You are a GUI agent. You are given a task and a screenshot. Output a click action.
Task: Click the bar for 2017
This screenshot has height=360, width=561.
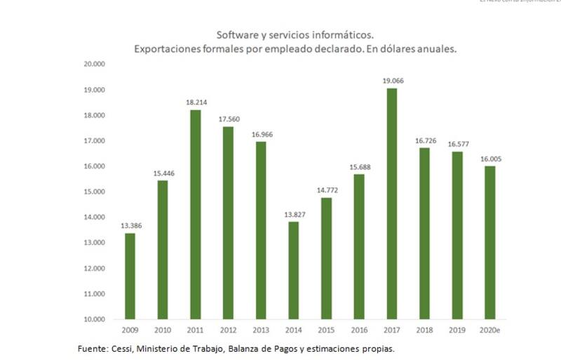pyautogui.click(x=391, y=204)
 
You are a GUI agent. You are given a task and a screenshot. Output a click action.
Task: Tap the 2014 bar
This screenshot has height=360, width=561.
pyautogui.click(x=293, y=270)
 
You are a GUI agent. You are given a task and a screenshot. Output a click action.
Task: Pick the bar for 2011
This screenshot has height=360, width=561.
pyautogui.click(x=195, y=214)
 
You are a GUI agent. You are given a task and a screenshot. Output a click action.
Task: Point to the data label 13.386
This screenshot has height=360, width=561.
pyautogui.click(x=130, y=226)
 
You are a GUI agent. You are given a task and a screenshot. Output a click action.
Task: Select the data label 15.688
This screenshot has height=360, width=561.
pyautogui.click(x=358, y=167)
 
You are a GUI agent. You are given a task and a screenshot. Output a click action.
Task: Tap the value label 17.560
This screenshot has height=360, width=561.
pyautogui.click(x=228, y=119)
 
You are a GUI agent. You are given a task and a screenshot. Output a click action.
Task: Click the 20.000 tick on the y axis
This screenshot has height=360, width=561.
pyautogui.click(x=94, y=65)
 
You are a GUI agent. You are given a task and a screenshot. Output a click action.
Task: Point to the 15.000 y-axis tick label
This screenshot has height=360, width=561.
pyautogui.click(x=94, y=192)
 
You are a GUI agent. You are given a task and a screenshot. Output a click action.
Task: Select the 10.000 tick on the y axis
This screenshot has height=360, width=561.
pyautogui.click(x=94, y=319)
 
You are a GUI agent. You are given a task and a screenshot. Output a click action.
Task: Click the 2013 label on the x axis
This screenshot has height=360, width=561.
pyautogui.click(x=260, y=331)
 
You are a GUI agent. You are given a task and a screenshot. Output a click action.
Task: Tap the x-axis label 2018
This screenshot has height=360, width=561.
pyautogui.click(x=424, y=331)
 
